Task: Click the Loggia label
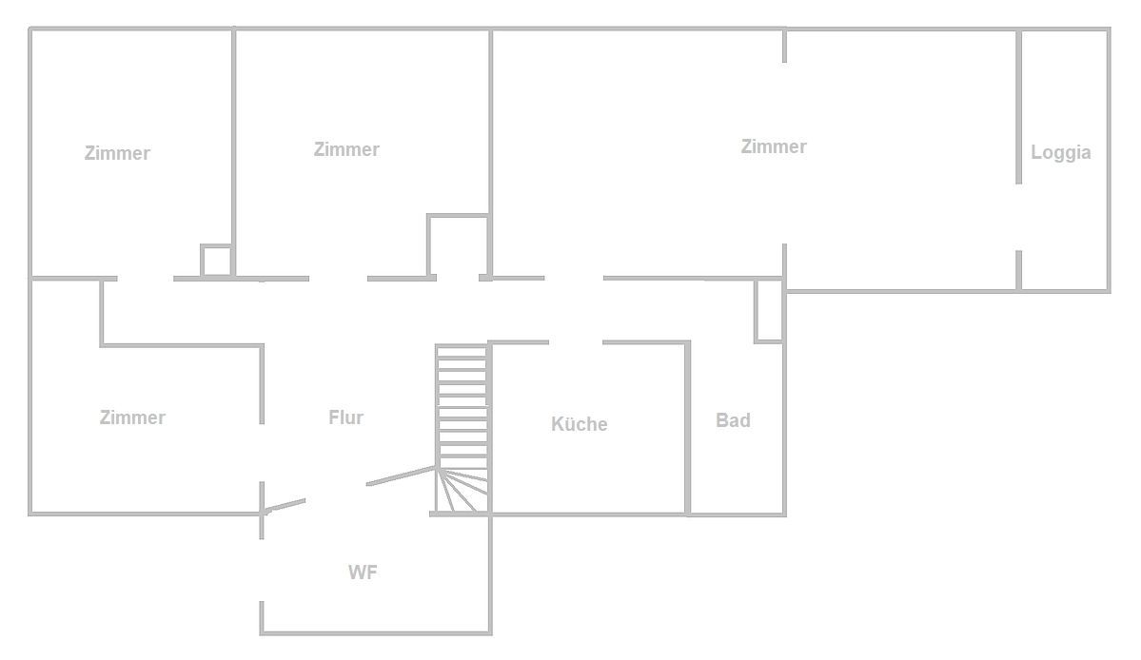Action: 1060,152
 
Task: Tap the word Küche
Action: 579,424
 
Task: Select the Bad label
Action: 733,420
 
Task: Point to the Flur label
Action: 345,417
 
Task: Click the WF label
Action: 364,573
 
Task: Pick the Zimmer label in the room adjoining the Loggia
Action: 773,146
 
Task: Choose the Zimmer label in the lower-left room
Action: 132,417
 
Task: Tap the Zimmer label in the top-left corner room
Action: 117,153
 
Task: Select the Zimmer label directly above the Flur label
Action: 346,149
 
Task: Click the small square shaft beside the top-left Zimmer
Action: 216,262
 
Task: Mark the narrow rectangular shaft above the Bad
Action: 768,311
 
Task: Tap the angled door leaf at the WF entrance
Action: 285,505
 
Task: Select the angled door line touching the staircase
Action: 400,476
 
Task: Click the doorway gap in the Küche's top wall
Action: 575,342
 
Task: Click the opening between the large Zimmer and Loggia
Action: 1018,217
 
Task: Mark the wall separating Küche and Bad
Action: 688,428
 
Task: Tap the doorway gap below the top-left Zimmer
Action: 145,279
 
